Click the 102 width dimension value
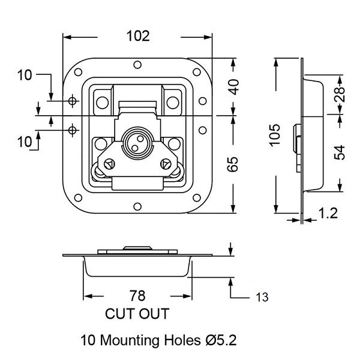138,36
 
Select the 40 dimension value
234,87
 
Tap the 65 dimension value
233,164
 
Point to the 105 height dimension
275,135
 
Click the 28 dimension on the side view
340,94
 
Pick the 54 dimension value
340,152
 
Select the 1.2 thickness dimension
328,213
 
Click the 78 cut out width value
137,296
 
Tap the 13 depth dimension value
262,298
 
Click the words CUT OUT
137,314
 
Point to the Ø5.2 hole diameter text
220,340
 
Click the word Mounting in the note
130,340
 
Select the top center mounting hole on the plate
137,65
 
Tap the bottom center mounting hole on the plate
137,206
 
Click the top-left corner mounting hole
78,72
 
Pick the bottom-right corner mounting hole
197,197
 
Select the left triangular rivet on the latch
109,164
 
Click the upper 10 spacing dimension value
25,75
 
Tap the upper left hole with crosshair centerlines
73,101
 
